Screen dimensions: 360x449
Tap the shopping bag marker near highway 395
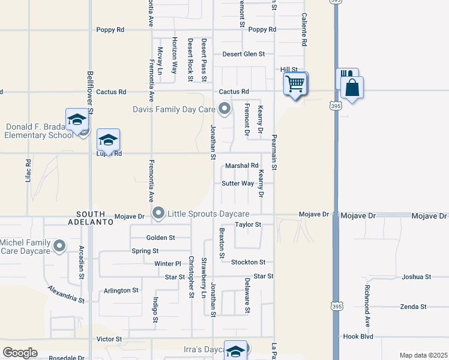pyautogui.click(x=352, y=88)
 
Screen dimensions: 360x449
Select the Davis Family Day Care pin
pyautogui.click(x=225, y=109)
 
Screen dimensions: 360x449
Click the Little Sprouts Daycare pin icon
pyautogui.click(x=158, y=213)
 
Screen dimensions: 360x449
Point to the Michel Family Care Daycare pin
pyautogui.click(x=59, y=245)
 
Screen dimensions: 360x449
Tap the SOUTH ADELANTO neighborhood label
pyautogui.click(x=95, y=218)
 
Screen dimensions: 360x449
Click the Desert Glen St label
pyautogui.click(x=244, y=54)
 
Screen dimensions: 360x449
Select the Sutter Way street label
pyautogui.click(x=238, y=183)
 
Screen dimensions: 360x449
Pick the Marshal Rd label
pyautogui.click(x=241, y=166)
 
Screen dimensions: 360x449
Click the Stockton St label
pyautogui.click(x=248, y=262)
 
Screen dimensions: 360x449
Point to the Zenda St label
pyautogui.click(x=413, y=307)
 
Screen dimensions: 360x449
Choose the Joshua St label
pyautogui.click(x=417, y=277)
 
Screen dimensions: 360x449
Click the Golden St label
pyautogui.click(x=160, y=238)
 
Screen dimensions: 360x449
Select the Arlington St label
pyautogui.click(x=121, y=290)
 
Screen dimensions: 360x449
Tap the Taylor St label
pyautogui.click(x=248, y=224)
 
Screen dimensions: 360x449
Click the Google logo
pyautogui.click(x=20, y=353)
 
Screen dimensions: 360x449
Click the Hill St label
pyautogui.click(x=289, y=70)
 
